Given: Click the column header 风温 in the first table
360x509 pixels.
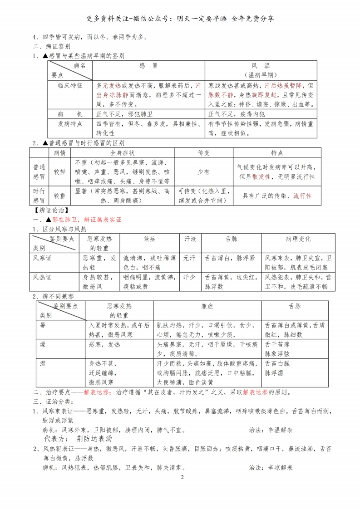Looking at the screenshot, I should tap(261, 66).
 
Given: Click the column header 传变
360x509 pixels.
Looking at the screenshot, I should tap(204, 153).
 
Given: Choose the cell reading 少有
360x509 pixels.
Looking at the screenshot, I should tap(204, 172).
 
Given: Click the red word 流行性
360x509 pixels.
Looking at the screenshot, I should tap(302, 196).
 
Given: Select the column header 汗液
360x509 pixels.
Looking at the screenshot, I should tap(190, 239).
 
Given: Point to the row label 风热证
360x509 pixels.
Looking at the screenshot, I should tap(43, 277).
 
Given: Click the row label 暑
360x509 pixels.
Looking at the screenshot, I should tap(43, 325).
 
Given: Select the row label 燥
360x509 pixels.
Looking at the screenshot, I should tap(43, 344).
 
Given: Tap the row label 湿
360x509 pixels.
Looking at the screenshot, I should tap(43, 363).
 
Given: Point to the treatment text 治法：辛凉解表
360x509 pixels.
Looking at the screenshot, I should tap(271, 468).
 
